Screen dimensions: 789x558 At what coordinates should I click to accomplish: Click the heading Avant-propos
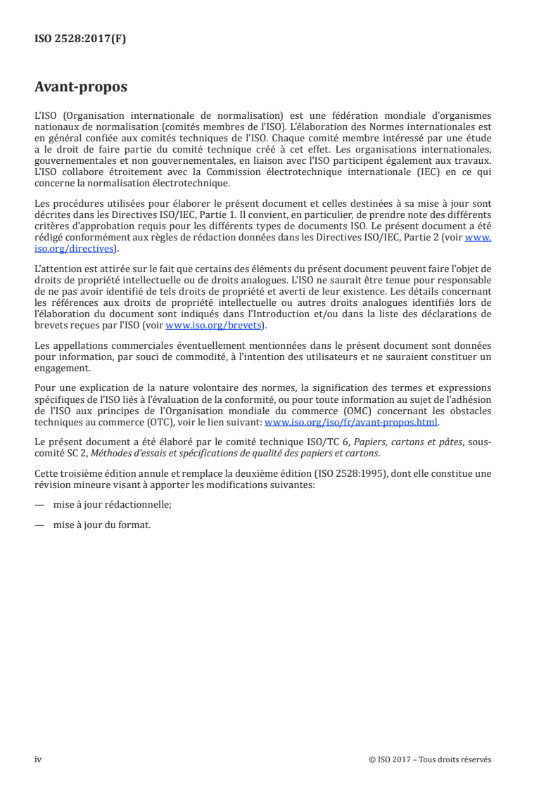click(81, 88)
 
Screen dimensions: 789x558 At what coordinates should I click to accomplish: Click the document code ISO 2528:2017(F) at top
click(80, 39)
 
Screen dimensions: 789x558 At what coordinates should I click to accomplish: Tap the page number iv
click(39, 759)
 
